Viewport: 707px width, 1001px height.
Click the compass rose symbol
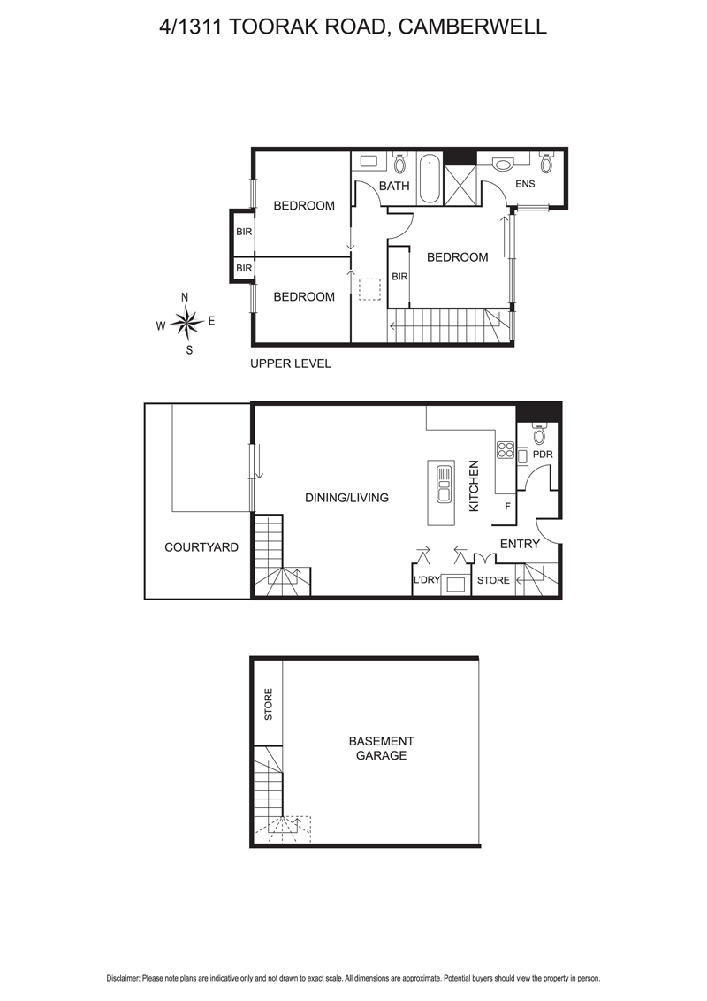pyautogui.click(x=186, y=323)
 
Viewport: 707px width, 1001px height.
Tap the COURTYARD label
pyautogui.click(x=201, y=547)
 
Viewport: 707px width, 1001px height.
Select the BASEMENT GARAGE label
pyautogui.click(x=381, y=748)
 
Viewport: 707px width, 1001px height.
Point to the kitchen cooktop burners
pyautogui.click(x=506, y=449)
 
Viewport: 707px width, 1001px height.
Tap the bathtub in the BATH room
pyautogui.click(x=430, y=179)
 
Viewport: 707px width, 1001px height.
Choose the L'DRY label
pyautogui.click(x=427, y=580)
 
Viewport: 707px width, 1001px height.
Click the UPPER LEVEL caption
pyautogui.click(x=291, y=363)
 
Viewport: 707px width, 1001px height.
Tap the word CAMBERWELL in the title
pyautogui.click(x=473, y=27)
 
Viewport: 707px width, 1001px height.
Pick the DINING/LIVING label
pyautogui.click(x=346, y=498)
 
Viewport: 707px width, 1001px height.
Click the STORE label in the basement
pyautogui.click(x=269, y=705)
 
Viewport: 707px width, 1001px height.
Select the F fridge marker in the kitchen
pyautogui.click(x=507, y=507)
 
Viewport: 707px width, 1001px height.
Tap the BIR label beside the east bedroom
pyautogui.click(x=399, y=277)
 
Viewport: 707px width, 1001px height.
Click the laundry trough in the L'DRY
pyautogui.click(x=456, y=585)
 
